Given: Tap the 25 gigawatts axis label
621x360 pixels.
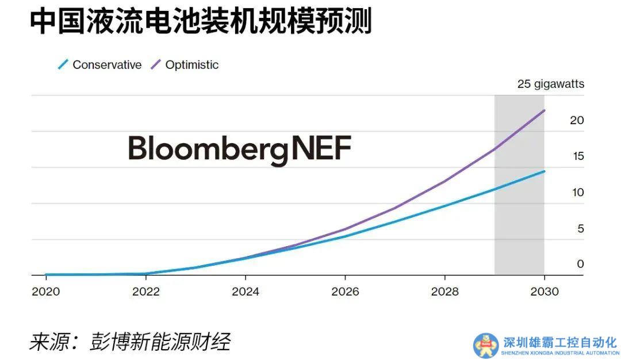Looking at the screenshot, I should coord(550,84).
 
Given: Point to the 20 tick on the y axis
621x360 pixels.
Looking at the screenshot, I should coord(577,120).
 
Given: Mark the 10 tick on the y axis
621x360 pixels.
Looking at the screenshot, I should coord(577,192).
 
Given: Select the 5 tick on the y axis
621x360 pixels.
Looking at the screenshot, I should coord(580,228).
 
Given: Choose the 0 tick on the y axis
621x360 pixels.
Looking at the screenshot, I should coord(580,264).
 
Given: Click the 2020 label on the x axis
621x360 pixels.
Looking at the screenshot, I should coord(46,292).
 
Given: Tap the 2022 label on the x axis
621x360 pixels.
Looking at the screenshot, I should coord(145,292).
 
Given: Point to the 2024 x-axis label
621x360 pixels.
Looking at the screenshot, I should coord(246,292).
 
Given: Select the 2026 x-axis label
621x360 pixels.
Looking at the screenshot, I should coord(345,292).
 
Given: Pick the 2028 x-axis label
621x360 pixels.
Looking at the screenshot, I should coord(445,292).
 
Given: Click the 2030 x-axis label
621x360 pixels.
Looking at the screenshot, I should coord(545,292).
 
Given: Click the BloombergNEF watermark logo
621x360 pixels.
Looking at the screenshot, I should coord(239,149).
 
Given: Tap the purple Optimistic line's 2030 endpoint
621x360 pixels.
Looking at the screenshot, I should coord(544,110).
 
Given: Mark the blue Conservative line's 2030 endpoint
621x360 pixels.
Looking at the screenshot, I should coord(544,171).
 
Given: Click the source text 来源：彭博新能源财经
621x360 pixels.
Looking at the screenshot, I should coord(130,342).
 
